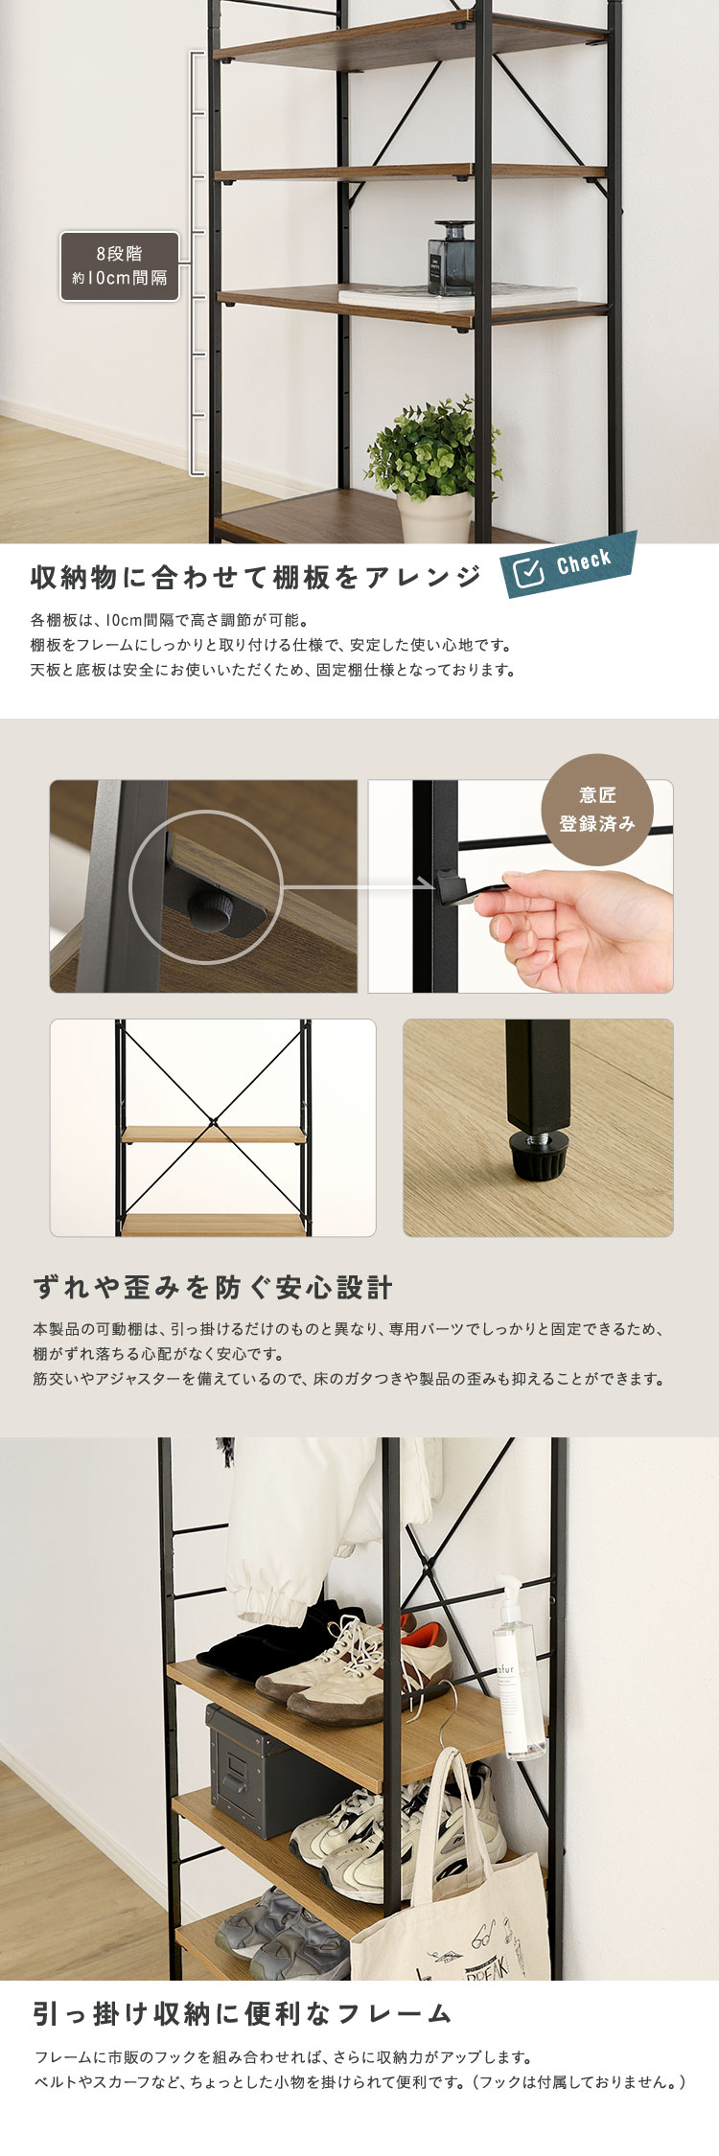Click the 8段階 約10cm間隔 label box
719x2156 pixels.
pos(120,266)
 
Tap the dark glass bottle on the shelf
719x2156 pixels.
pos(451,258)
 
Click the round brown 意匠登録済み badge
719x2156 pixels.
pos(597,810)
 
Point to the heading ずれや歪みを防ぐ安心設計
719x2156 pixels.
pos(213,1288)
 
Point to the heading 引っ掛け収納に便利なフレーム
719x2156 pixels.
pos(242,2013)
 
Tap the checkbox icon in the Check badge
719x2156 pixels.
pos(528,573)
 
